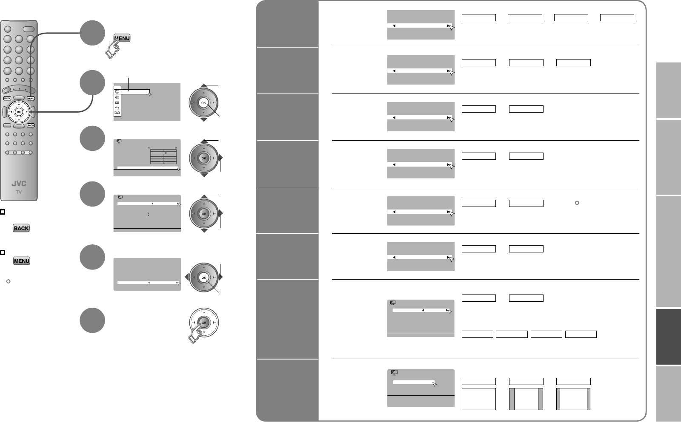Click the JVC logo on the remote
[19, 184]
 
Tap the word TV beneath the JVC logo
[19, 192]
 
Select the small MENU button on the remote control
[30, 99]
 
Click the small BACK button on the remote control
[30, 125]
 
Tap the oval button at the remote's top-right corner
[29, 29]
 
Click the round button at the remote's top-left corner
[8, 28]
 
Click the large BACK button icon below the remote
[21, 228]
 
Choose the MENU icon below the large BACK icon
[21, 261]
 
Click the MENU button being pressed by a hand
[122, 38]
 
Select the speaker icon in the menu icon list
[117, 97]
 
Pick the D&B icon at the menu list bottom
[117, 113]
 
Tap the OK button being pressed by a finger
[204, 323]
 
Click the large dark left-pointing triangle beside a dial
[186, 278]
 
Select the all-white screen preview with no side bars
[479, 399]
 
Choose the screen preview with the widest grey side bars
[526, 399]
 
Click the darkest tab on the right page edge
[668, 336]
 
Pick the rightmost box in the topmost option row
[617, 17]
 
